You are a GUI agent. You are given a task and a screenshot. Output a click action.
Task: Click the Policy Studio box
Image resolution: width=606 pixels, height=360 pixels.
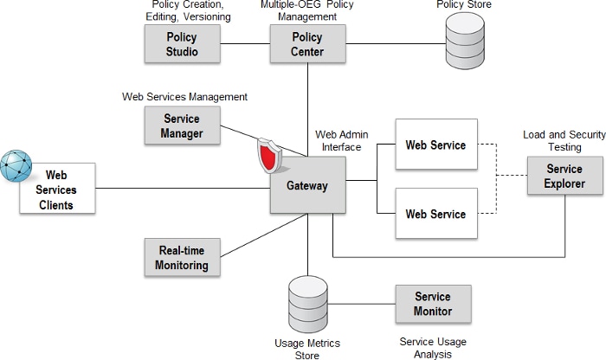click(x=183, y=44)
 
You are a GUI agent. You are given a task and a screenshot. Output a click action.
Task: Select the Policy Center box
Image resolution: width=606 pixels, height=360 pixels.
click(x=306, y=44)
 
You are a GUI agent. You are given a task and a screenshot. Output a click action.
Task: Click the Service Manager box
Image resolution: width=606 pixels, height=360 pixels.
click(x=181, y=126)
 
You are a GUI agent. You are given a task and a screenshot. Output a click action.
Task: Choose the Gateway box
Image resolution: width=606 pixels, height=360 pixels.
click(x=307, y=186)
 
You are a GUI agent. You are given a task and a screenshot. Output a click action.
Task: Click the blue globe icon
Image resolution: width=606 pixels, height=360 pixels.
click(x=16, y=165)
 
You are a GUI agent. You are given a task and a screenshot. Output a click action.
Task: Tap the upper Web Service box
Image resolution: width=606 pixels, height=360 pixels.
click(x=435, y=145)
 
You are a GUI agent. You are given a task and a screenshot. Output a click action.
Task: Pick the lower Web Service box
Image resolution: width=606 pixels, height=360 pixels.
click(x=435, y=214)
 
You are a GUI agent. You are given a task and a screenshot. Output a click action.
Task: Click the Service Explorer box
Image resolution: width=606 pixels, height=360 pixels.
click(x=564, y=177)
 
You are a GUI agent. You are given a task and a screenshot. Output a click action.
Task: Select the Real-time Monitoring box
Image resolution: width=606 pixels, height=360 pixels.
click(x=183, y=258)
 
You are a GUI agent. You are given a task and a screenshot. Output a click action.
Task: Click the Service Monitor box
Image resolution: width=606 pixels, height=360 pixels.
click(x=433, y=304)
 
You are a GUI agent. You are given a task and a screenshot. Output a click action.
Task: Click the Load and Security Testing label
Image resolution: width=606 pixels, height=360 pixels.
click(x=564, y=141)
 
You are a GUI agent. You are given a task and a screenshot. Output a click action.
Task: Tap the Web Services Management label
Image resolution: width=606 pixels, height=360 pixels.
click(x=184, y=96)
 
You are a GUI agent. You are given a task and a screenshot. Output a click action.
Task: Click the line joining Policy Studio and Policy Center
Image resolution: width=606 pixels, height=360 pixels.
click(x=245, y=44)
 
